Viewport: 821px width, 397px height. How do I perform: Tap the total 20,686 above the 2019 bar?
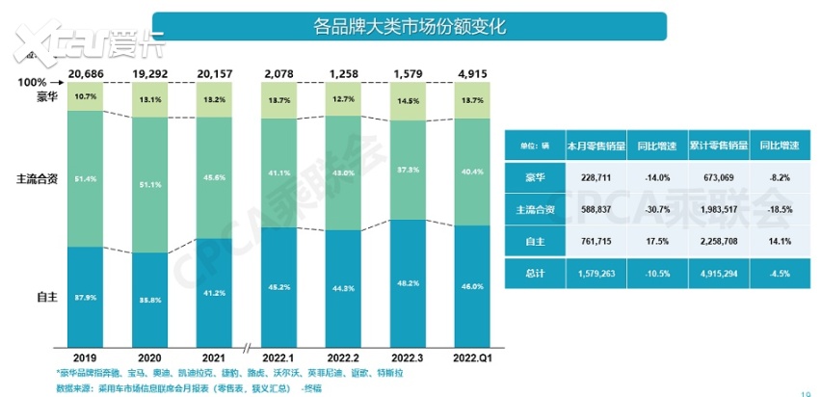86,73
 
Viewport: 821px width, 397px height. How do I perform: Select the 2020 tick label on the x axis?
149,356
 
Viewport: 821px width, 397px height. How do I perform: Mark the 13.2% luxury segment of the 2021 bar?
214,99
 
